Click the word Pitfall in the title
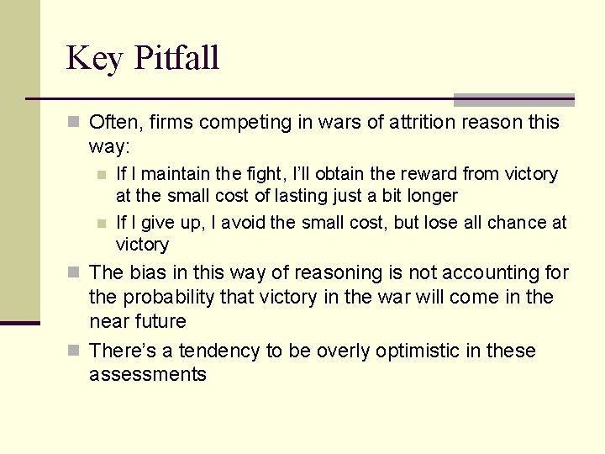pyautogui.click(x=176, y=59)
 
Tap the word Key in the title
pyautogui.click(x=95, y=59)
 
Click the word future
pyautogui.click(x=160, y=322)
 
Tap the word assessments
pyautogui.click(x=147, y=375)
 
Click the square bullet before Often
pyautogui.click(x=73, y=123)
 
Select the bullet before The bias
pyautogui.click(x=73, y=273)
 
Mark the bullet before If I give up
pyautogui.click(x=101, y=223)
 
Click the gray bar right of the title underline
pyautogui.click(x=513, y=100)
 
